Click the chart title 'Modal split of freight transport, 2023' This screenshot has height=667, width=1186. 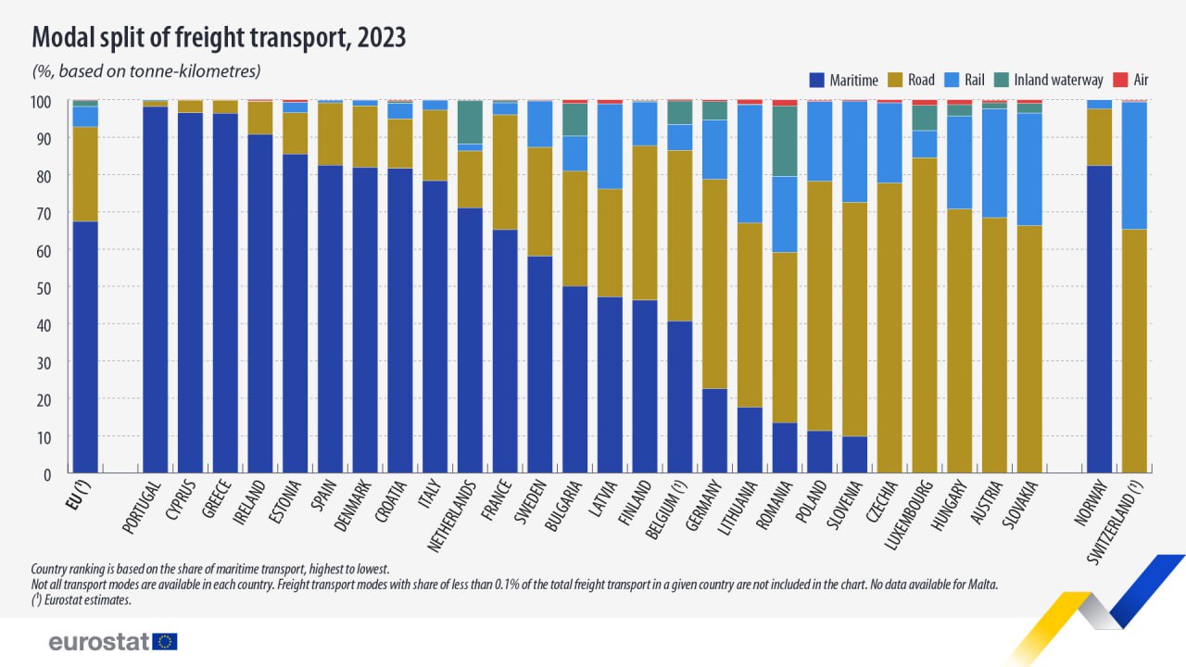[219, 38]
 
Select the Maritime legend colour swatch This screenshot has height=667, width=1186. [816, 80]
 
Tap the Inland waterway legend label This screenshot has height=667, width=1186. [1058, 80]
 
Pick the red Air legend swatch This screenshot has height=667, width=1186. [1119, 80]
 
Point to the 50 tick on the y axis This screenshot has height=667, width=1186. [46, 287]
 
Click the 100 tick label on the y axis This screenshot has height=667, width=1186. [43, 100]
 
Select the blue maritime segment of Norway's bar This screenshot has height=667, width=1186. [1099, 320]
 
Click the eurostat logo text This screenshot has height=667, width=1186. [98, 642]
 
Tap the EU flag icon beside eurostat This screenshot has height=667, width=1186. [166, 641]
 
